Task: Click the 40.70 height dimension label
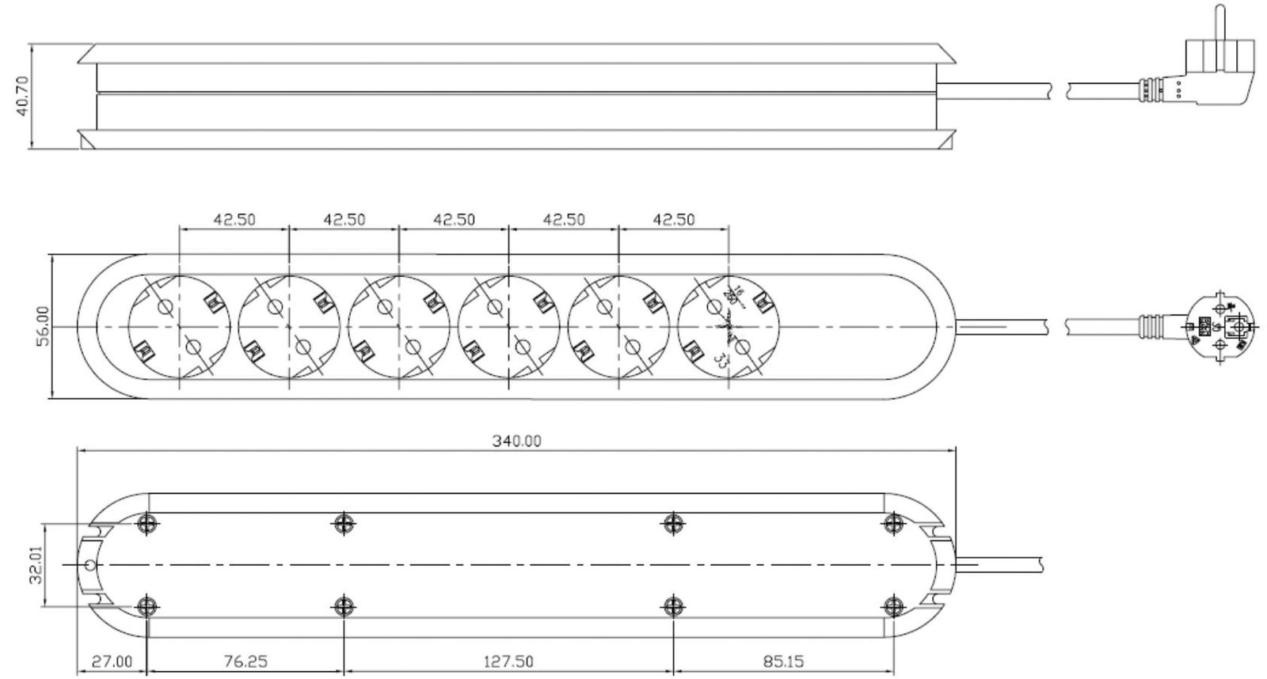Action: tap(21, 96)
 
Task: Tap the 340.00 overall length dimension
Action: tap(516, 441)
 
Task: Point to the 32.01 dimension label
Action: tap(36, 567)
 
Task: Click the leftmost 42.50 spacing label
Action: tap(234, 219)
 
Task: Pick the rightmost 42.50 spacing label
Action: tap(673, 219)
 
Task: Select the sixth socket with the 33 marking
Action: tap(729, 326)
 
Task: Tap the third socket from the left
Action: tap(398, 326)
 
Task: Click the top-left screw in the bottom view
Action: tap(146, 523)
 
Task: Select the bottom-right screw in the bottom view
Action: tap(894, 607)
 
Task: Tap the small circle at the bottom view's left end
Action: tap(89, 565)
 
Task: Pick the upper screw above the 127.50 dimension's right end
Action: tap(672, 523)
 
